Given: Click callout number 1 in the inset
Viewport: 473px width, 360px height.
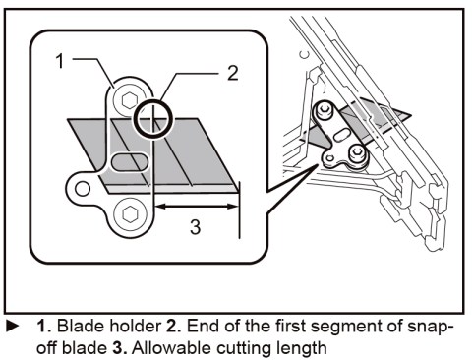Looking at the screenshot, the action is pyautogui.click(x=60, y=61).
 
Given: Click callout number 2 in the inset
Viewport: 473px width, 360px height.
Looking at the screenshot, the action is pyautogui.click(x=233, y=73).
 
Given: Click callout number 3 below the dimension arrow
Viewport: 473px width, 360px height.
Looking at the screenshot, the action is pyautogui.click(x=196, y=227).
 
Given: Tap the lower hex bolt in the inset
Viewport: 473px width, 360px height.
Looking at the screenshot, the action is pyautogui.click(x=129, y=214).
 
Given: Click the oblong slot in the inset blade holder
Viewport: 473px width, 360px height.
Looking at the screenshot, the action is pyautogui.click(x=129, y=161).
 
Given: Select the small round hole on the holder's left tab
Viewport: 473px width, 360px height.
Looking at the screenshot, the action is pyautogui.click(x=83, y=188).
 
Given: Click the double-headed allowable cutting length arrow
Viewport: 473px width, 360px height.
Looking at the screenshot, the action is pyautogui.click(x=196, y=207).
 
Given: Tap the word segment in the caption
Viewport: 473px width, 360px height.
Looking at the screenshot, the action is pyautogui.click(x=347, y=328).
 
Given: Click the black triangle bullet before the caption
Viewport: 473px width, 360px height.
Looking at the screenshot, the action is pyautogui.click(x=12, y=326).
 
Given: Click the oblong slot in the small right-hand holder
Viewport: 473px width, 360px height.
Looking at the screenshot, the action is pyautogui.click(x=341, y=135).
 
